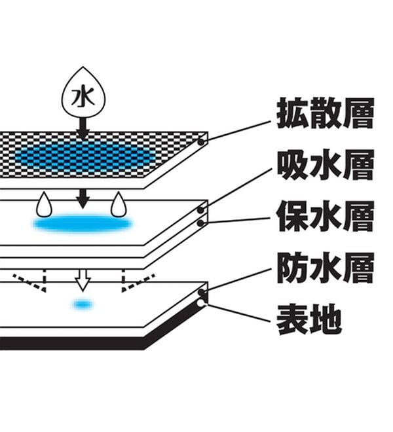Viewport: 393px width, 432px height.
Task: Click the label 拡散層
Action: (326, 113)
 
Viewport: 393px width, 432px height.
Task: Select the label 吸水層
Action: (326, 164)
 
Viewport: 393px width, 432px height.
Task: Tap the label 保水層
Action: (326, 216)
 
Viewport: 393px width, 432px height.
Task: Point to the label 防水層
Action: (326, 268)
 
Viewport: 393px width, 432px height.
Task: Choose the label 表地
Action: (309, 319)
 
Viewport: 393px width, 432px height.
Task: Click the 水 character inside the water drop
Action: (83, 97)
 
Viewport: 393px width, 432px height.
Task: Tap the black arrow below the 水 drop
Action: (83, 129)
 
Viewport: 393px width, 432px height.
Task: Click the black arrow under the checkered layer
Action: (83, 198)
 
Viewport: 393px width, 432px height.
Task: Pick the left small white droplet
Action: (44, 205)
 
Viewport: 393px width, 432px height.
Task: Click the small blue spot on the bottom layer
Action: (83, 304)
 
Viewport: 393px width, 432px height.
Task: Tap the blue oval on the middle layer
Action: (83, 223)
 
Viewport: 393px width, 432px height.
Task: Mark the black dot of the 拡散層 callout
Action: (201, 142)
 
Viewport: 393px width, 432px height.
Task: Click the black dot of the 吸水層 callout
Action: (201, 210)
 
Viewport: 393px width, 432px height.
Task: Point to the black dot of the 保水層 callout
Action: (201, 223)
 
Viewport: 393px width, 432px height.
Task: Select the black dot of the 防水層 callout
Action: (202, 293)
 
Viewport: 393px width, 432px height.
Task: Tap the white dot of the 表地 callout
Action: (201, 303)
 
